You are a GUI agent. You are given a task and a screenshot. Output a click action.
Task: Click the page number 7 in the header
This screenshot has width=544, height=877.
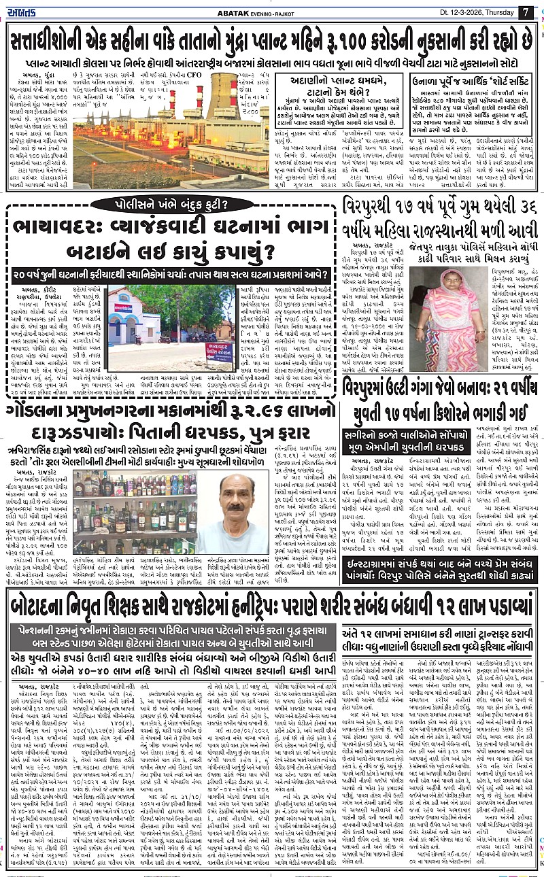point(525,12)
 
